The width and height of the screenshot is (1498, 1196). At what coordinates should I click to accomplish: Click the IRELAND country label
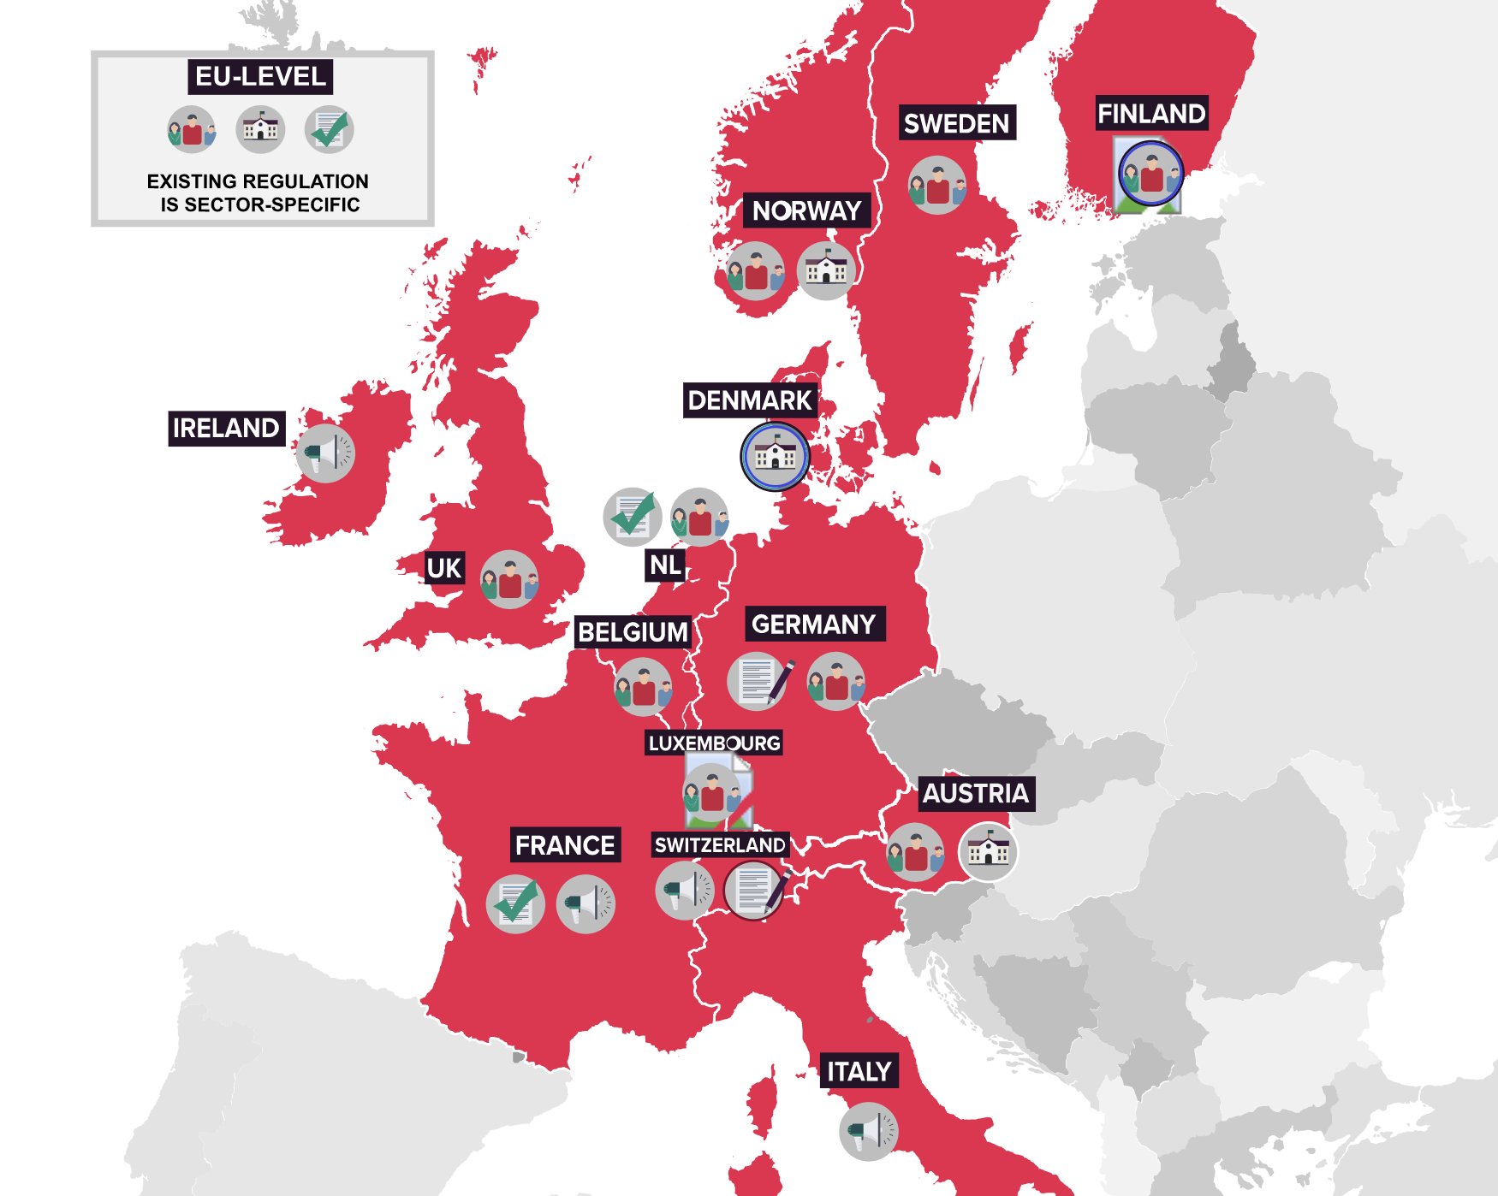[x=226, y=428]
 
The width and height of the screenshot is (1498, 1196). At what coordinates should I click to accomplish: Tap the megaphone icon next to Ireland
[x=325, y=453]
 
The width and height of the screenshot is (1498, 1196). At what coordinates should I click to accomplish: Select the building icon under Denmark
[x=775, y=456]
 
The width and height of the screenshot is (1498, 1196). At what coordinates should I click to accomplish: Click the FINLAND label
[x=1151, y=113]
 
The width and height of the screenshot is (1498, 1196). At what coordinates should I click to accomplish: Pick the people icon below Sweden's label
[x=937, y=186]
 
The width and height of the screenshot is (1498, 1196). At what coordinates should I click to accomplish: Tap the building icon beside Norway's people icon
[x=826, y=270]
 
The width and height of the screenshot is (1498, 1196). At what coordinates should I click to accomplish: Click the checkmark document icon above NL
[x=633, y=517]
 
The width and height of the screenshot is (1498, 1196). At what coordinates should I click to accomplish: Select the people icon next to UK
[x=509, y=580]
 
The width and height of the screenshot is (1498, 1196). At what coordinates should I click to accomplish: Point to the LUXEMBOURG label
[x=714, y=743]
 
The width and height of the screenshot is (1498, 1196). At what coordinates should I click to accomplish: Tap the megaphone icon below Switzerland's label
[x=684, y=891]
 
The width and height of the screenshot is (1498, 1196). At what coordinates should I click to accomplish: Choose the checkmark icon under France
[x=515, y=903]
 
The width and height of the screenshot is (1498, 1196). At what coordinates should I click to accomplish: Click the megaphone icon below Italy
[x=868, y=1131]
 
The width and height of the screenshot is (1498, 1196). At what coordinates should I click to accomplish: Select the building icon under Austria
[x=988, y=851]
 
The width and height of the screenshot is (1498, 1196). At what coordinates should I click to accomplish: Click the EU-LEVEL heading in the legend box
[x=260, y=76]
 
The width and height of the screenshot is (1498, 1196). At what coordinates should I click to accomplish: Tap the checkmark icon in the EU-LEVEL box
[x=330, y=129]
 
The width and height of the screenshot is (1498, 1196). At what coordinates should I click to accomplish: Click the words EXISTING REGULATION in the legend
[x=258, y=181]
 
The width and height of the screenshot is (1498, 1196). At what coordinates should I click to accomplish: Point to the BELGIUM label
[x=633, y=631]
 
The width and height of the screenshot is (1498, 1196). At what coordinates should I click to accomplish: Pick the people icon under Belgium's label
[x=643, y=687]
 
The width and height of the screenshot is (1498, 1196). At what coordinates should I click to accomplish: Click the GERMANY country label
[x=813, y=624]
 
